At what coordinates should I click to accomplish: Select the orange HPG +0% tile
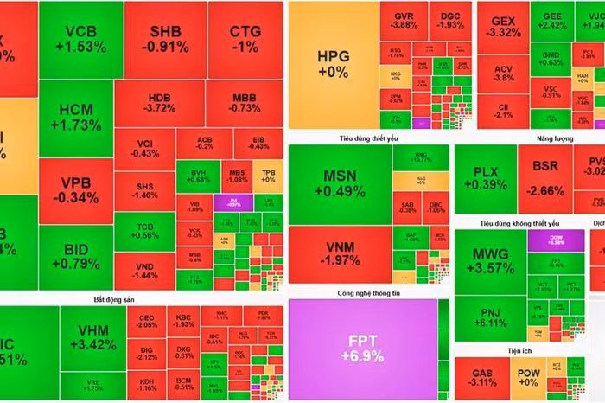[x=332, y=65]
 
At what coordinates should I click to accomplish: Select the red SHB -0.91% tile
[x=164, y=40]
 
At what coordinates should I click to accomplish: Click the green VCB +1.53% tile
[x=80, y=40]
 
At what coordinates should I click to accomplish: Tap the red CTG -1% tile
[x=245, y=40]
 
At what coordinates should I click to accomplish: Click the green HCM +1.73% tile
[x=80, y=118]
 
